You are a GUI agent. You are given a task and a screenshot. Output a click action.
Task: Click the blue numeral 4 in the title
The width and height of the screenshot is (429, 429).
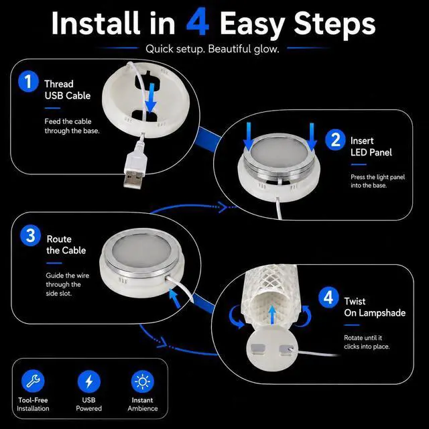click(x=198, y=22)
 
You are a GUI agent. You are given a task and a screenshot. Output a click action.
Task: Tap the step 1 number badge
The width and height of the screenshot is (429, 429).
click(x=28, y=82)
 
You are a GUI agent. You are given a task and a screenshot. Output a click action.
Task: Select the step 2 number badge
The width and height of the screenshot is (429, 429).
click(x=335, y=139)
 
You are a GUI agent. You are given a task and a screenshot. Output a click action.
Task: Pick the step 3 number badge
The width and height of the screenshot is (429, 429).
click(x=30, y=235)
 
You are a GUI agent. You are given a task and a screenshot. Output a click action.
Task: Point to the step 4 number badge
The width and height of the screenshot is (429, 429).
click(x=328, y=298)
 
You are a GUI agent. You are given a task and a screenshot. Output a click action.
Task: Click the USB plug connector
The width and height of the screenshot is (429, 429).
click(x=135, y=172)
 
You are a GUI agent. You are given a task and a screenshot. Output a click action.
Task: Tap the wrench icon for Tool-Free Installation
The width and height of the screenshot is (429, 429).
click(x=33, y=381)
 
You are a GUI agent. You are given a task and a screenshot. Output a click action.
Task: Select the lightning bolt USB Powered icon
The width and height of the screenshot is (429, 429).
click(x=89, y=381)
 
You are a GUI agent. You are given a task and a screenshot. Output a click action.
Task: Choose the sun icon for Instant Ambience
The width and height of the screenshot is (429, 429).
click(x=143, y=381)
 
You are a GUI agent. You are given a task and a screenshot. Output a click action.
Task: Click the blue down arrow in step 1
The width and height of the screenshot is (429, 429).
click(x=151, y=98)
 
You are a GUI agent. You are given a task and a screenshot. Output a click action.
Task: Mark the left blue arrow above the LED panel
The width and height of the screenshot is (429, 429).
click(x=249, y=136)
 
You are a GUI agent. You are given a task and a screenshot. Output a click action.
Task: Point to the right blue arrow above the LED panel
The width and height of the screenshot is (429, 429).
click(x=312, y=137)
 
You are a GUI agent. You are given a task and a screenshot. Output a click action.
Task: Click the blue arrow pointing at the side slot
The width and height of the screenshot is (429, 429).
click(x=174, y=298)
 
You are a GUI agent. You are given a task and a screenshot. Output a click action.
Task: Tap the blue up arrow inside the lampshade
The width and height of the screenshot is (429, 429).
click(x=272, y=314)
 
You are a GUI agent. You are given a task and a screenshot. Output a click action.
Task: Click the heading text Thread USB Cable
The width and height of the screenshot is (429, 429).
click(x=67, y=90)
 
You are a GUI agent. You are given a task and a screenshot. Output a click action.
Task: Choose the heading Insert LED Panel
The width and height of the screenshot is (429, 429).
click(x=371, y=147)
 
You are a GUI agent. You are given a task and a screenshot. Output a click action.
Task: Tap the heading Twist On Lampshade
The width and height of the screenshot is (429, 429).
click(x=375, y=307)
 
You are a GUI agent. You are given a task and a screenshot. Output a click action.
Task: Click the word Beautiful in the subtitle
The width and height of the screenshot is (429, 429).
click(x=229, y=49)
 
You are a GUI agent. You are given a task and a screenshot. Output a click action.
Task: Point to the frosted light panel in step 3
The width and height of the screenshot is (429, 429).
click(x=141, y=251)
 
